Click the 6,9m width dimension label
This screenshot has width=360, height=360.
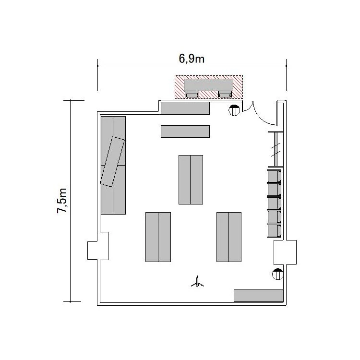(192, 59)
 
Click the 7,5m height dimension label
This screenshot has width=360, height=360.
(62, 201)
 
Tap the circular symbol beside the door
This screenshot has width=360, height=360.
(234, 110)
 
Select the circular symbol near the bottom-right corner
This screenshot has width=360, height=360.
(277, 274)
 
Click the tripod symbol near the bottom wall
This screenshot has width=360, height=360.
(197, 282)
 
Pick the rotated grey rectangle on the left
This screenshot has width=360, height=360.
(113, 162)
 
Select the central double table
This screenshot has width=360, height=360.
(191, 180)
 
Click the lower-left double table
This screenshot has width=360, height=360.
(158, 237)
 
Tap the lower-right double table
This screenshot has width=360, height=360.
(229, 237)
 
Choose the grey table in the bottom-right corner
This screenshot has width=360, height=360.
(259, 296)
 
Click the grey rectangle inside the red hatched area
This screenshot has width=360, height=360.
(209, 85)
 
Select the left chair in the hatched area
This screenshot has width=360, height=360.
(192, 94)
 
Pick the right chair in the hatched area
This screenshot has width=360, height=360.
(225, 94)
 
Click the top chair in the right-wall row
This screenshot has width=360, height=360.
(274, 176)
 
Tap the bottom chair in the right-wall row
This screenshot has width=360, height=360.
(274, 230)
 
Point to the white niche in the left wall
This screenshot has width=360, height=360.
(98, 246)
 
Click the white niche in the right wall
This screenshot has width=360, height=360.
(285, 252)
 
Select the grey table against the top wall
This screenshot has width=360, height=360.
(185, 108)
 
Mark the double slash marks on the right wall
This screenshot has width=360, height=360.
(276, 149)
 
